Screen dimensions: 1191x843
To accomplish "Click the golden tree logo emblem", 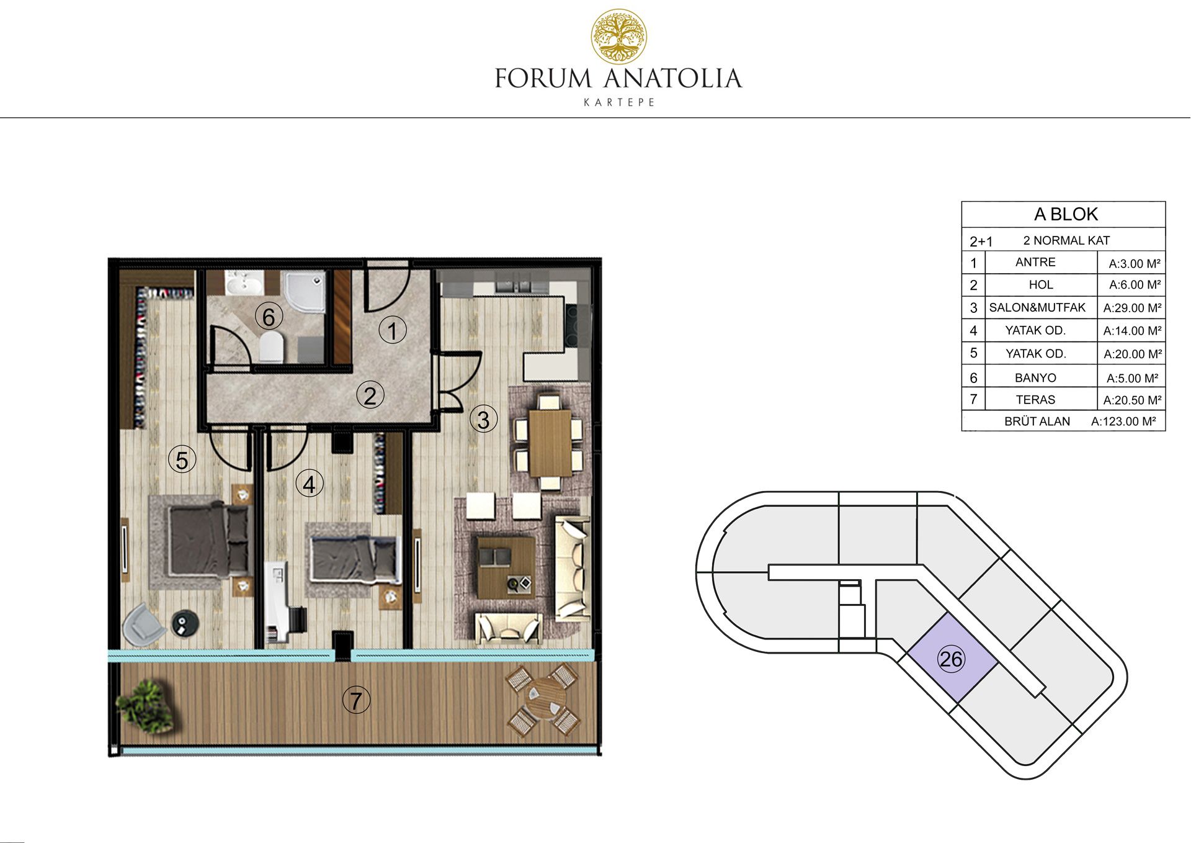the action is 618,37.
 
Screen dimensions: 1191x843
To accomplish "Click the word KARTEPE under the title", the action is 619,102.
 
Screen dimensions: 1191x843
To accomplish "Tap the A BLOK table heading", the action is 1066,214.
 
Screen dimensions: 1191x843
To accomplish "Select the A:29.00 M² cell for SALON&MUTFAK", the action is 1132,308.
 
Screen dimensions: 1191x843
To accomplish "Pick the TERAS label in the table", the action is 1035,400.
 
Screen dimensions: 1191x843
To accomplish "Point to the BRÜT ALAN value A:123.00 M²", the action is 1123,421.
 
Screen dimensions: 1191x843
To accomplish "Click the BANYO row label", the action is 1035,377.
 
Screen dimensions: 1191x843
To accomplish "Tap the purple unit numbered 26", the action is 952,659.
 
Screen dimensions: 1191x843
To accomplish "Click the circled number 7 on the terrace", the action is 356,701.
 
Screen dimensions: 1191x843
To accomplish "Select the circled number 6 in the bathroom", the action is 269,317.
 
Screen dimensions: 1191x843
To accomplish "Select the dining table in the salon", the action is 550,441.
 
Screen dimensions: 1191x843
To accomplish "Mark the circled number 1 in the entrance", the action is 393,330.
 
